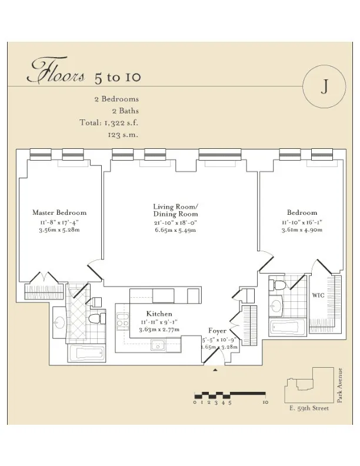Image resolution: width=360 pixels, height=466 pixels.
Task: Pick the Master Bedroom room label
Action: pyautogui.click(x=59, y=212)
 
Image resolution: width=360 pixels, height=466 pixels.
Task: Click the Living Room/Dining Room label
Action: pyautogui.click(x=176, y=210)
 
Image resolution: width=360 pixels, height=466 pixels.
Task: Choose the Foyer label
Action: pyautogui.click(x=218, y=331)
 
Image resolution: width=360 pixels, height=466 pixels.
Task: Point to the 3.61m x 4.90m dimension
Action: pyautogui.click(x=302, y=231)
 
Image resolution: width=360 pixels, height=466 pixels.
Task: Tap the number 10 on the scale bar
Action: pyautogui.click(x=265, y=402)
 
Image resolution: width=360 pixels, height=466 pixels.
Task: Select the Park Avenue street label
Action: pyautogui.click(x=340, y=384)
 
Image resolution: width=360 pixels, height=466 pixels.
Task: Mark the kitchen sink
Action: pyautogui.click(x=158, y=345)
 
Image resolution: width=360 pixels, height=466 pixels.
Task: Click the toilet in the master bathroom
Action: pyautogui.click(x=95, y=318)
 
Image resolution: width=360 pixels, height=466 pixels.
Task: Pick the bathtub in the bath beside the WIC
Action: pyautogui.click(x=285, y=327)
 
